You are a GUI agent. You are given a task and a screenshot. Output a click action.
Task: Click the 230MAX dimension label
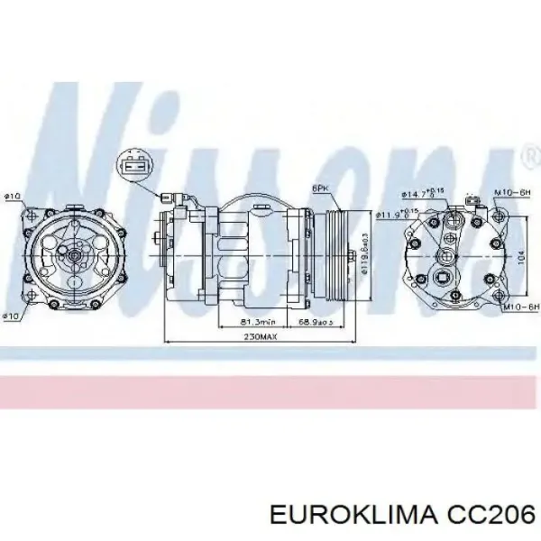(x=261, y=336)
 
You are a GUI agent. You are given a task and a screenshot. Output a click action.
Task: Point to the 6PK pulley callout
(x=321, y=188)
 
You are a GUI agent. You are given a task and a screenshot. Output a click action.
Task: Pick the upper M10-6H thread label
(x=510, y=192)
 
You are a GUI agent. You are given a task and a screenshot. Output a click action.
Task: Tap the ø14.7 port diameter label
(x=416, y=192)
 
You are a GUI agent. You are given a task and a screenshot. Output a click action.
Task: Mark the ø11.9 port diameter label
(x=390, y=213)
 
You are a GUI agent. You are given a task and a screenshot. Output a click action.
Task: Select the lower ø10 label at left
(x=12, y=316)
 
